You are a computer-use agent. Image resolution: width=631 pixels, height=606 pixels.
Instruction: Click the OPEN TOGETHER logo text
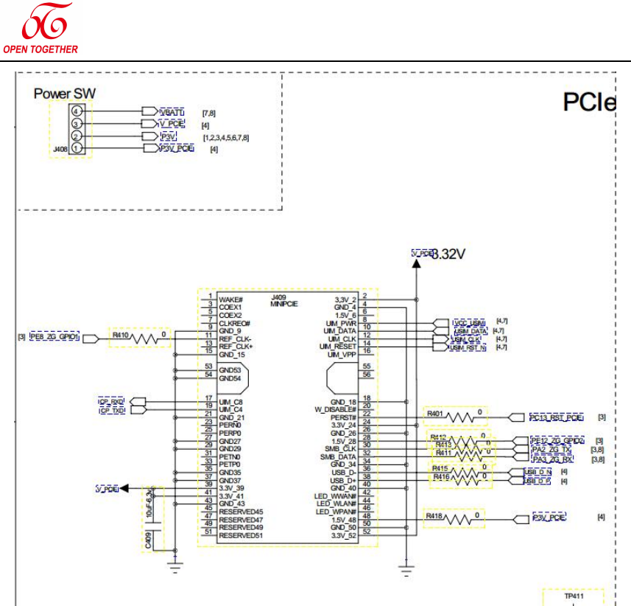tap(40, 49)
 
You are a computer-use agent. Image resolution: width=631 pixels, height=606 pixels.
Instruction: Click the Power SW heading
tap(65, 94)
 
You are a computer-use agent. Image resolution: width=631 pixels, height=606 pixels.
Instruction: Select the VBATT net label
tap(172, 111)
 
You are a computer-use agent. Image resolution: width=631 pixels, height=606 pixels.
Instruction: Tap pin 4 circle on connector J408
tap(76, 111)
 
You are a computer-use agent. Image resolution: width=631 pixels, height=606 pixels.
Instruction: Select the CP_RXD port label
tap(112, 401)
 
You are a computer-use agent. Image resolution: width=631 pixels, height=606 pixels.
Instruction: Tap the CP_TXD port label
tap(112, 409)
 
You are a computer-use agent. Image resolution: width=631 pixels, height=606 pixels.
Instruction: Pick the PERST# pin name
tap(343, 417)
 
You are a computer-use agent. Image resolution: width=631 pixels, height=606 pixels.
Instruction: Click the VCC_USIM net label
tap(470, 323)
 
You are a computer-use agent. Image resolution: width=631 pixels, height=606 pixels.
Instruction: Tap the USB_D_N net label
tap(537, 472)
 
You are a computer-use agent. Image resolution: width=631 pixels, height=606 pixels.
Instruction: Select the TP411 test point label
tap(573, 595)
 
